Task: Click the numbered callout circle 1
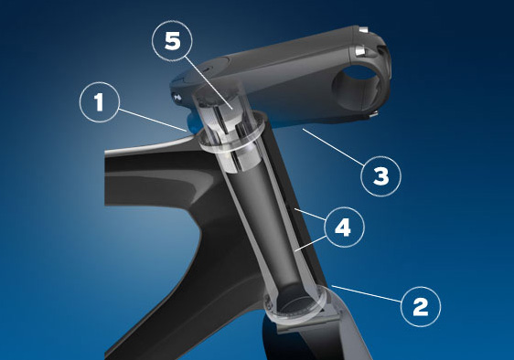point(100,102)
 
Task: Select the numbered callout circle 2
point(421,306)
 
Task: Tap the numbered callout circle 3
point(380,176)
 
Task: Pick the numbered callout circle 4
point(344,227)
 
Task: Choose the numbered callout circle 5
point(172,40)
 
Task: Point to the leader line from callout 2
point(367,293)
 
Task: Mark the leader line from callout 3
point(333,147)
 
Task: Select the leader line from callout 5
point(208,82)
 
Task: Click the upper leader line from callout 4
point(309,214)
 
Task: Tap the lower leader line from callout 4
point(310,243)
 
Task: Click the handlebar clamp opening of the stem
point(356,87)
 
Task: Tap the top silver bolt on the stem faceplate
point(363,30)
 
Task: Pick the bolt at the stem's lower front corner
point(373,113)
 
